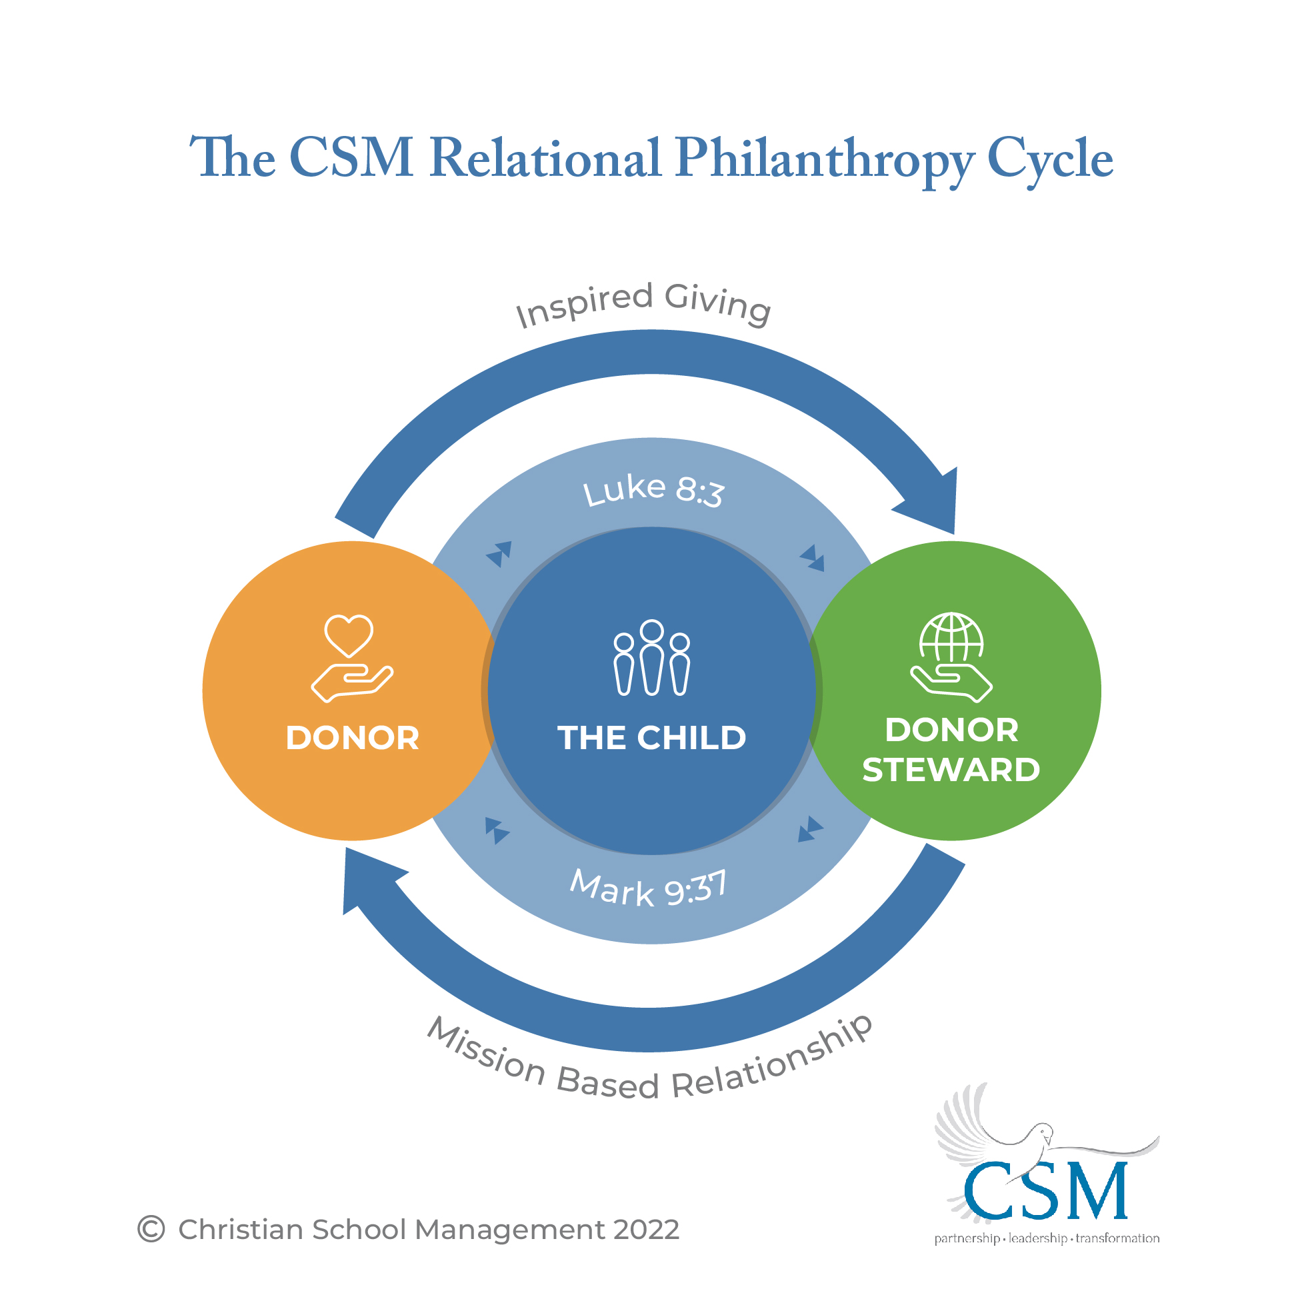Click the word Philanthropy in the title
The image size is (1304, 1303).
(825, 160)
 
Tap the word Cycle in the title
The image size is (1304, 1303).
(1049, 160)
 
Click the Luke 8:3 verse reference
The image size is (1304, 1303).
(653, 490)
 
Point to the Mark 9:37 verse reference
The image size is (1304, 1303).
(648, 888)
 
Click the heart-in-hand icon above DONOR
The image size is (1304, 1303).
(351, 658)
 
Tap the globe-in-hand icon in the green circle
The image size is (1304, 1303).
(951, 656)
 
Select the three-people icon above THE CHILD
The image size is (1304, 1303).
(651, 658)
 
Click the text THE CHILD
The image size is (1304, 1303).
(651, 738)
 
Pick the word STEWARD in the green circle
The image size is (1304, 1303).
(951, 770)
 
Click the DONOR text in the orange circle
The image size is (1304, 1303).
(352, 738)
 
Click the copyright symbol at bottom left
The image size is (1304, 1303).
(151, 1229)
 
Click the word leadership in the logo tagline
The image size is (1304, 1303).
(1037, 1238)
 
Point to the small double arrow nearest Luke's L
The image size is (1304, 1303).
(499, 553)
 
